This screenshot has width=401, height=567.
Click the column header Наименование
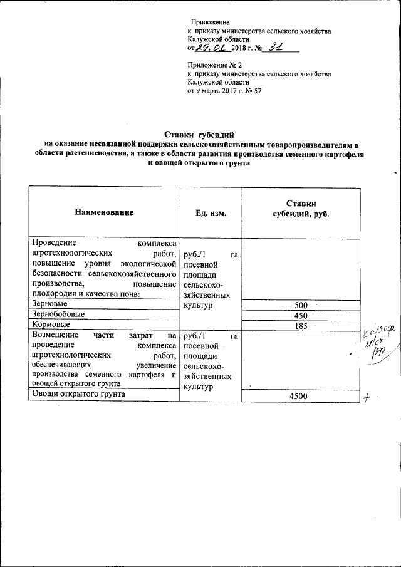tap(105, 212)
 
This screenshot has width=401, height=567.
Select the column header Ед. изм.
tap(211, 213)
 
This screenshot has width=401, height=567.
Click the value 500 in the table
tap(301, 304)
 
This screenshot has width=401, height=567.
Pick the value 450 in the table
tap(301, 316)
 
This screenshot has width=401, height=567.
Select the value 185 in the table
tap(301, 326)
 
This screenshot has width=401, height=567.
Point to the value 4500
tap(301, 397)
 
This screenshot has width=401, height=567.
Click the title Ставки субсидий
tap(199, 134)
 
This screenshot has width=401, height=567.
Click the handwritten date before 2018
tap(211, 47)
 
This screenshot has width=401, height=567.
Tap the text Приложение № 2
tap(214, 65)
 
